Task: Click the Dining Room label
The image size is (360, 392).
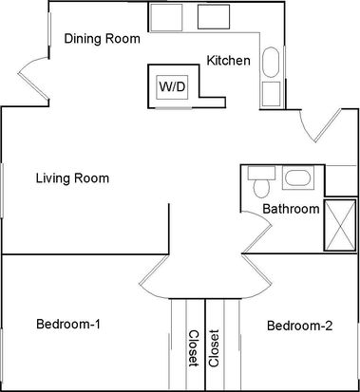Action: pyautogui.click(x=102, y=39)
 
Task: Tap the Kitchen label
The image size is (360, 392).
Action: pyautogui.click(x=228, y=60)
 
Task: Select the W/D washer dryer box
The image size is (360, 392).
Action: pyautogui.click(x=172, y=86)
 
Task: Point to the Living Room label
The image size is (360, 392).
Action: pyautogui.click(x=72, y=178)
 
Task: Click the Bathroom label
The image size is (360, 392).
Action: pyautogui.click(x=291, y=209)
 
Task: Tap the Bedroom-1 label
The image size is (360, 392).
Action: pyautogui.click(x=68, y=325)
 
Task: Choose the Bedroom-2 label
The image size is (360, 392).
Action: pyautogui.click(x=300, y=326)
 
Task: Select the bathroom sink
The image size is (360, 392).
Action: pyautogui.click(x=298, y=178)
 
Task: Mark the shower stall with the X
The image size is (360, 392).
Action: pyautogui.click(x=340, y=225)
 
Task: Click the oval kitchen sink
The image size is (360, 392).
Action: pyautogui.click(x=271, y=63)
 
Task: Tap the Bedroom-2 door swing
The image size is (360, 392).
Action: pyautogui.click(x=257, y=276)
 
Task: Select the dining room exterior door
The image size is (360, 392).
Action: pyautogui.click(x=34, y=79)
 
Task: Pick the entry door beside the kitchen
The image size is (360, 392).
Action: pyautogui.click(x=320, y=125)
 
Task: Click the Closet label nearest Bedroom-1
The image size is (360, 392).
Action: pyautogui.click(x=194, y=348)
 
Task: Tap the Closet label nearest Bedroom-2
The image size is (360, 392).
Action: pyautogui.click(x=214, y=348)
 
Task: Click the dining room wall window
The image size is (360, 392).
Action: pyautogui.click(x=49, y=29)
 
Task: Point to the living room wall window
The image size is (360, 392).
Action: pyautogui.click(x=2, y=191)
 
